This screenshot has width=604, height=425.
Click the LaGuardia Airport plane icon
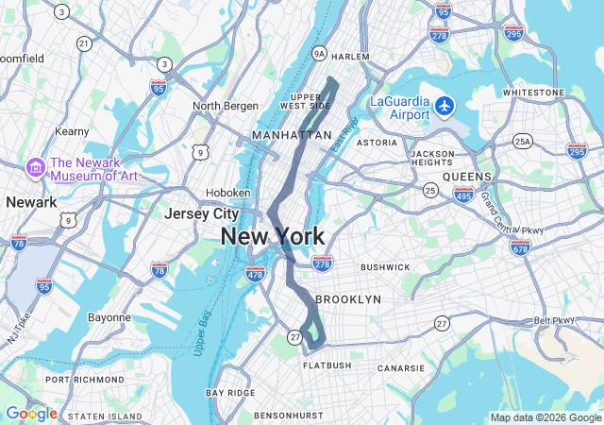(445, 105)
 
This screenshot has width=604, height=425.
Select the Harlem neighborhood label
(350, 56)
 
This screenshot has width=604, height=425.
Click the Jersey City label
(201, 214)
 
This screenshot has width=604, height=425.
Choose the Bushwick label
(385, 267)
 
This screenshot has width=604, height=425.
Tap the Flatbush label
(327, 365)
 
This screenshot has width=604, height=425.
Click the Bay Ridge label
(230, 392)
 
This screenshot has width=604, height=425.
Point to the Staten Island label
(106, 416)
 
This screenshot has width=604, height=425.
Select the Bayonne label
(109, 317)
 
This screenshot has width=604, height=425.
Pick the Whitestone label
(533, 93)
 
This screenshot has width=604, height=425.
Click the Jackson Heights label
(433, 158)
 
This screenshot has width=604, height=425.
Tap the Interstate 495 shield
(463, 194)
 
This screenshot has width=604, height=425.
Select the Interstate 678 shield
(520, 246)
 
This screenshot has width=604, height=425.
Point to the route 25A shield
(522, 142)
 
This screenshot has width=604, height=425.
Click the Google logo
(30, 414)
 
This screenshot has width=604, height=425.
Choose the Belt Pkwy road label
(554, 321)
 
